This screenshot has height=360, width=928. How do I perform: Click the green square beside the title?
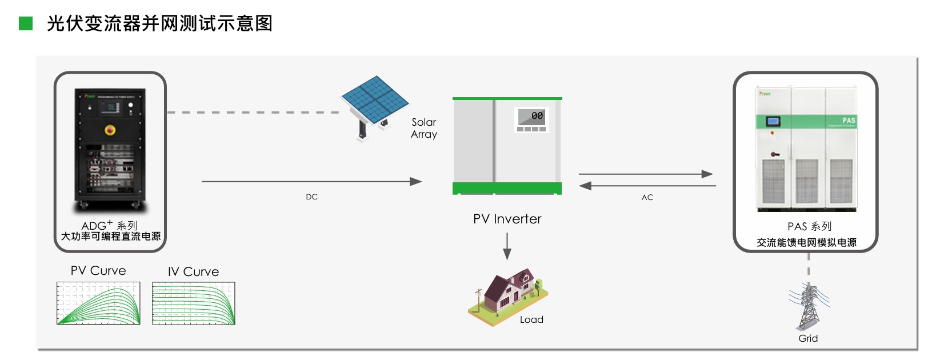pos(26,23)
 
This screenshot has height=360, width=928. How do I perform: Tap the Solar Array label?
pos(424,129)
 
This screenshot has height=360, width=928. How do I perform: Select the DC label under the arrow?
pos(311,197)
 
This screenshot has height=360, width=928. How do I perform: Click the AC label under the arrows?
pos(647,198)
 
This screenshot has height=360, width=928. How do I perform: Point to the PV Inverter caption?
pos(507,219)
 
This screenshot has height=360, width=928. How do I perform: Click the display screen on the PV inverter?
pos(531,117)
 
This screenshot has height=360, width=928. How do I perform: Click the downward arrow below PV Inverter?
pos(507,246)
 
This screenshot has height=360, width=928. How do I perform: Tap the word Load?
pos(531,320)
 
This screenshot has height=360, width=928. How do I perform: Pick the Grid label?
pos(808,339)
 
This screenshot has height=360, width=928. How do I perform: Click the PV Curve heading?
pos(98,271)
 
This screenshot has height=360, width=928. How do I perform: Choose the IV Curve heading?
pos(193,272)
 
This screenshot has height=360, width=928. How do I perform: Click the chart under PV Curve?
pos(98,303)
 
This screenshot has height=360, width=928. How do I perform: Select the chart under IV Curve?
pos(194,303)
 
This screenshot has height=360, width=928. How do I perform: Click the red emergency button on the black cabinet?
pos(110,130)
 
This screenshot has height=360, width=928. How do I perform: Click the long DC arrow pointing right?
pos(311,182)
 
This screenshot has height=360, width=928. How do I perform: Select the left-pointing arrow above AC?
pos(647,186)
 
